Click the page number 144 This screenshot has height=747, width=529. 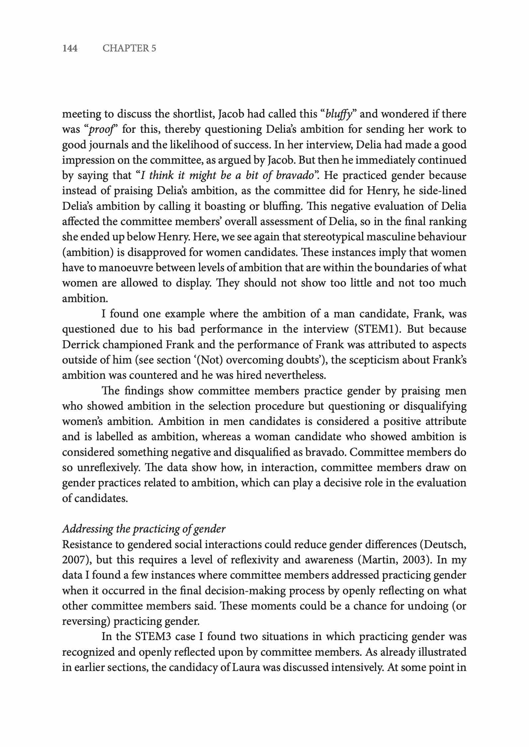click(x=70, y=48)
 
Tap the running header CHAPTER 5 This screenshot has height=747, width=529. click(x=129, y=48)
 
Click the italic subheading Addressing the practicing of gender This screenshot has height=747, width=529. click(x=144, y=529)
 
